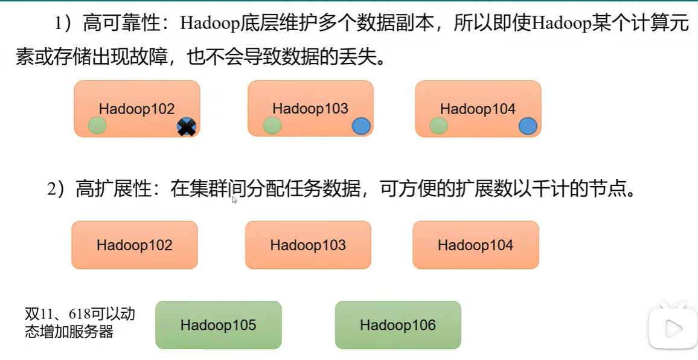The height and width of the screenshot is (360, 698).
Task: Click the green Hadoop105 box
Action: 218,325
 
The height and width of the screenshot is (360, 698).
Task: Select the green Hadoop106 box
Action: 398,325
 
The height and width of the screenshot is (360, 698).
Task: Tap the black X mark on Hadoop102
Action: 187,127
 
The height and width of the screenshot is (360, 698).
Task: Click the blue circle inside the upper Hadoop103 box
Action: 361,126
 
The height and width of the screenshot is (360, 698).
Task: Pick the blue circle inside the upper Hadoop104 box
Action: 528,126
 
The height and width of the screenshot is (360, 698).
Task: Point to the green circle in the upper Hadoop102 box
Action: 97,126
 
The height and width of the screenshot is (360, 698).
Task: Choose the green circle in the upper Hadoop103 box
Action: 272,126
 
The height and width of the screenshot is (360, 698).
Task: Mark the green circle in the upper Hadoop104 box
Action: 439,126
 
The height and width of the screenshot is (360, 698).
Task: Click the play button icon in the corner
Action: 671,328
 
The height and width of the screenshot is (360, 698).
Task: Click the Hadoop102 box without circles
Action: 134,245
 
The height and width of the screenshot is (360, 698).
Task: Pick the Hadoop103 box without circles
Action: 308,245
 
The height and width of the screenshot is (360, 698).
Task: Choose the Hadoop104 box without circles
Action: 475,245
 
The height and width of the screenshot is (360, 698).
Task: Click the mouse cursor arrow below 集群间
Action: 234,200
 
